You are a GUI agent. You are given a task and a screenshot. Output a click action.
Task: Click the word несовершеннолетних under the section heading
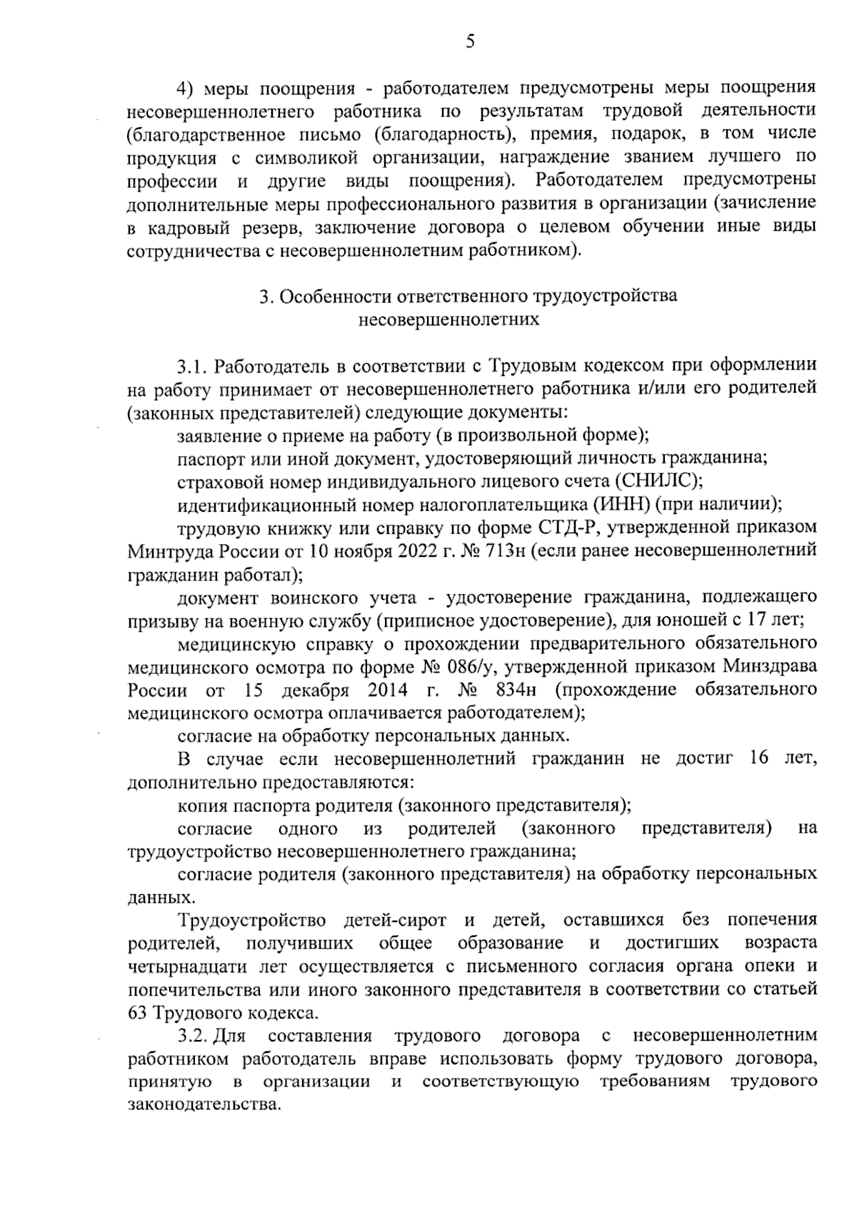[448, 320]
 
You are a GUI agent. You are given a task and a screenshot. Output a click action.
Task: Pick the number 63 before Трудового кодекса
[137, 1013]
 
